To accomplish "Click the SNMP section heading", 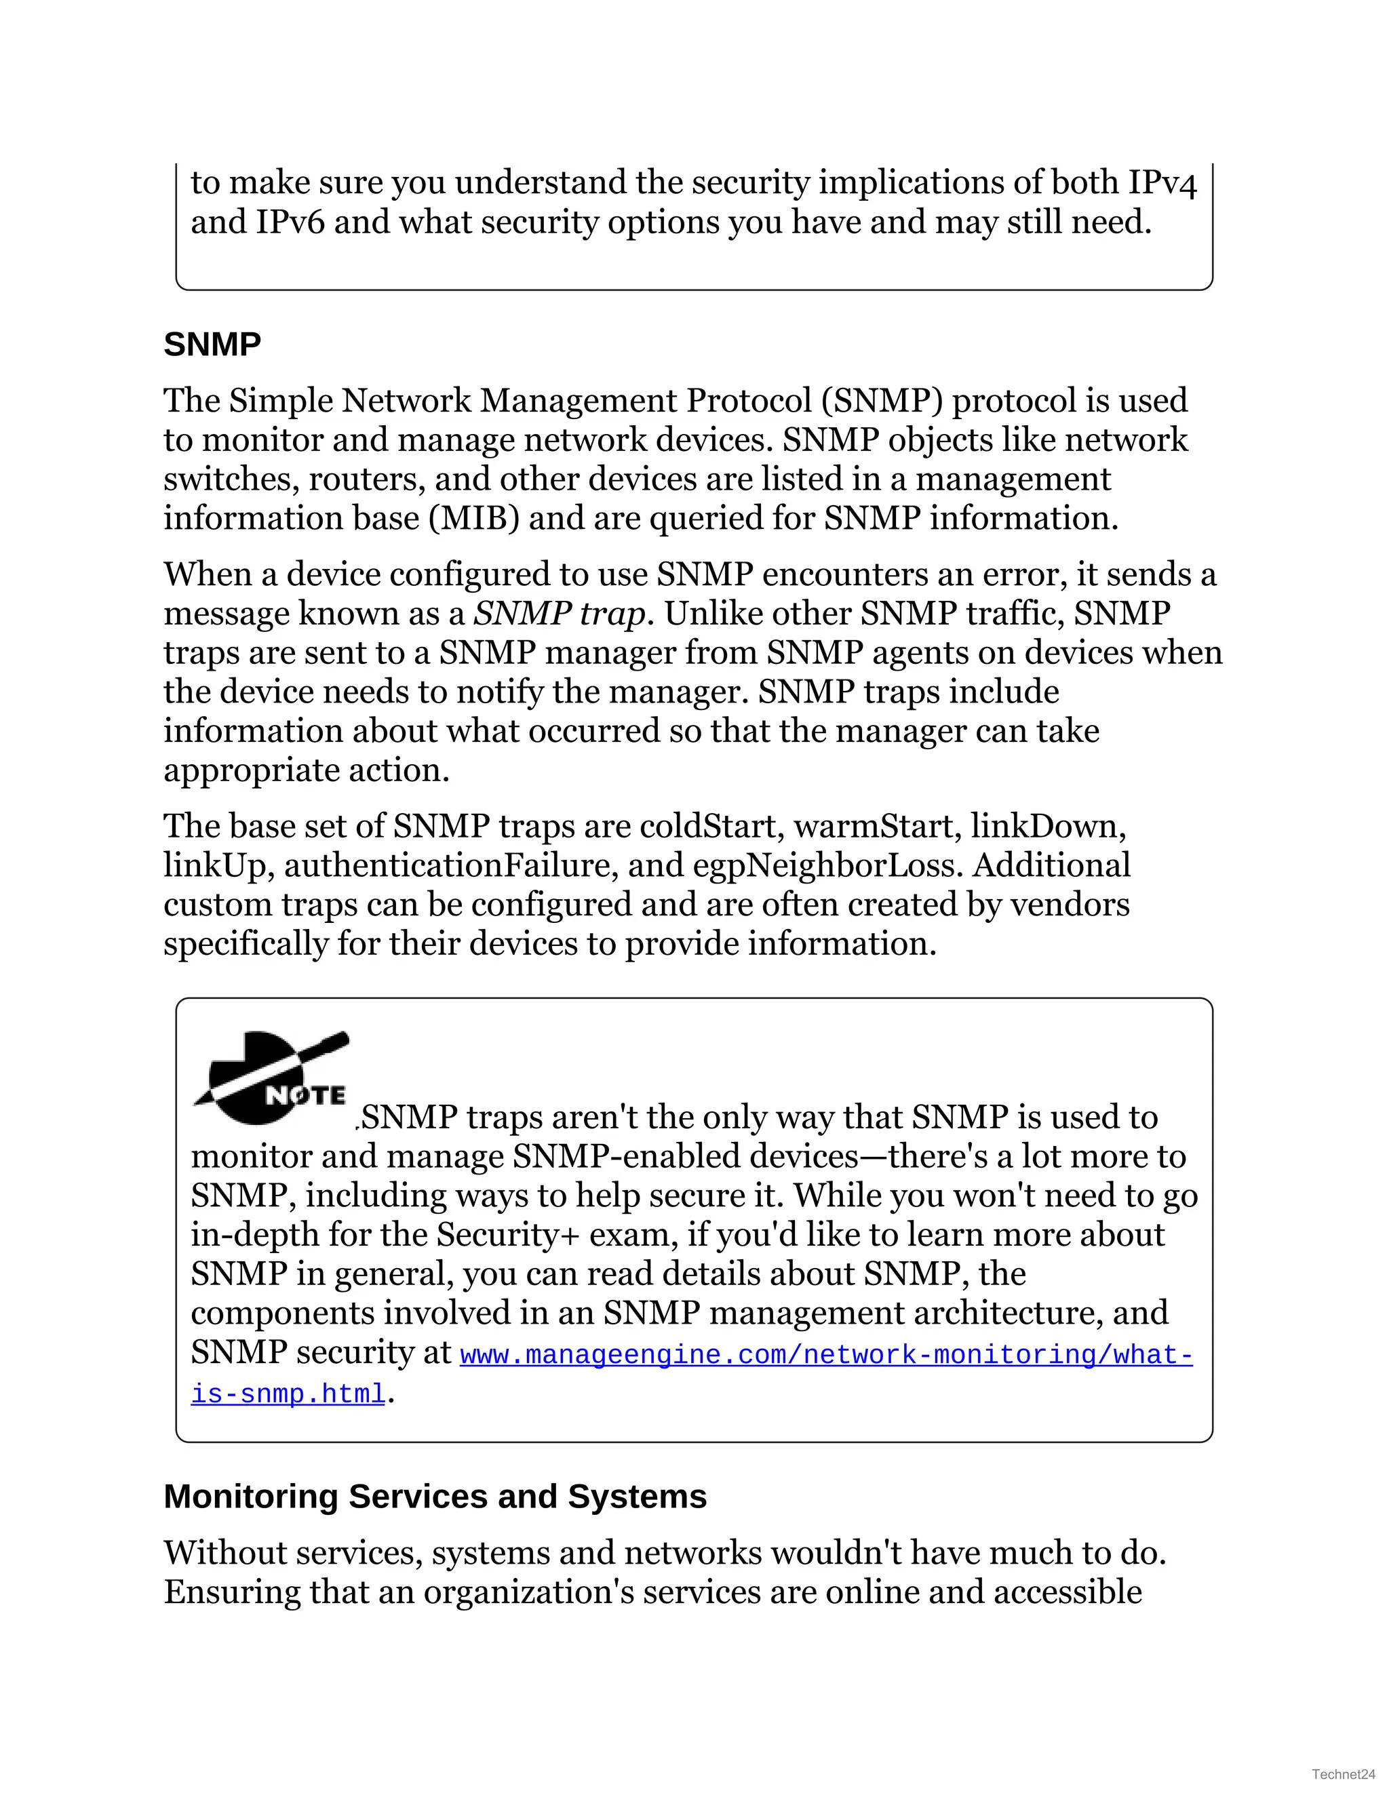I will (212, 344).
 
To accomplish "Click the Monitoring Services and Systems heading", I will (435, 1497).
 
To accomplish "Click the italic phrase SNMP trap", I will (560, 614).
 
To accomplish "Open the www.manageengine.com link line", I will (825, 1355).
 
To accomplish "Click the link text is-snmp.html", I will (288, 1394).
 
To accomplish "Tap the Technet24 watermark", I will (1343, 1774).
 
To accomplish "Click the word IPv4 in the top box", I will (1162, 182).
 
